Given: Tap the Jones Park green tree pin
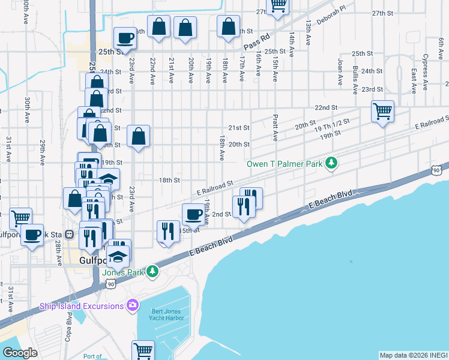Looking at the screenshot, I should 153,272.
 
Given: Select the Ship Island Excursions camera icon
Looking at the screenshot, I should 133,306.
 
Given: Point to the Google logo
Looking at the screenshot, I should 20,352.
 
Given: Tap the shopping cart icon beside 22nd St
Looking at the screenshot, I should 382,111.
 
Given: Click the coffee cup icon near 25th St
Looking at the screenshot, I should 125,38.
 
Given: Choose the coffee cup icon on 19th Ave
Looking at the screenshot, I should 194,214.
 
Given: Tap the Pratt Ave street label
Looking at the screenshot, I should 275,128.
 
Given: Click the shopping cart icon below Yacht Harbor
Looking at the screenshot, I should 143,350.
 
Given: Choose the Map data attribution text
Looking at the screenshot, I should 413,355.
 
